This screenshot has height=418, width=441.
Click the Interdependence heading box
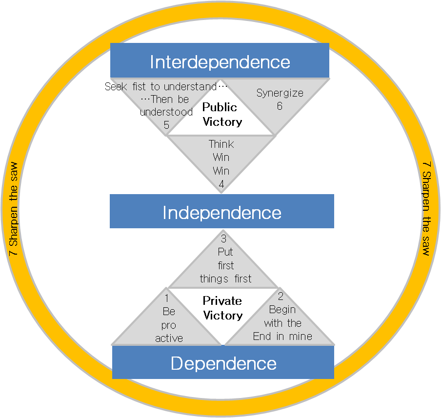click(220, 61)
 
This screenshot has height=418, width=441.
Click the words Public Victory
click(221, 114)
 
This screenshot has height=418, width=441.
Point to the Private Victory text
click(222, 308)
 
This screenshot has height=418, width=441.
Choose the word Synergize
click(280, 93)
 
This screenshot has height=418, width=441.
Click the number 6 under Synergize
click(280, 105)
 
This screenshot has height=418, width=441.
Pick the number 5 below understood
click(166, 125)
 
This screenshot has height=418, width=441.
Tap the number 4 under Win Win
click(221, 184)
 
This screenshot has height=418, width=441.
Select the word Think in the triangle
click(221, 144)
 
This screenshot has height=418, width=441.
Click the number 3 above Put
click(224, 239)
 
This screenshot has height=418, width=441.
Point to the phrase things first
click(226, 279)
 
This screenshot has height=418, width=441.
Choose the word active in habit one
click(169, 338)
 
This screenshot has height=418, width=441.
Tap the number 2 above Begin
click(281, 296)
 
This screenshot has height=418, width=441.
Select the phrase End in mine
click(282, 336)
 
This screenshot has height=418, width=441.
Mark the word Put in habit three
click(225, 252)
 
